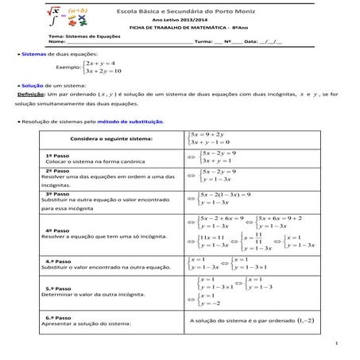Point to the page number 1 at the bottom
tap(337, 344)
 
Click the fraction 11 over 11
tap(257, 238)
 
